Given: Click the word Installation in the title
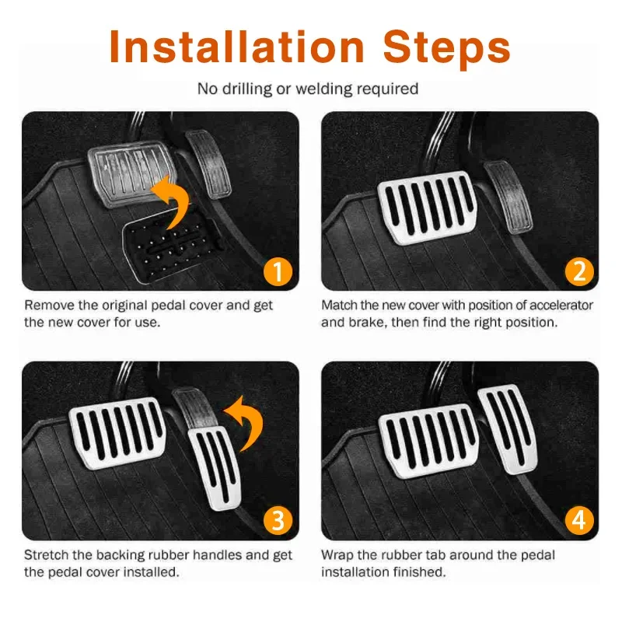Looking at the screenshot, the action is pos(237,47).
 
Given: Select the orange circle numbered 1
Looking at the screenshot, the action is pos(278,271).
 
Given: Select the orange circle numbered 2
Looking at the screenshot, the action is pos(579,271).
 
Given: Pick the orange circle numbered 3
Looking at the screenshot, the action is pos(278,520).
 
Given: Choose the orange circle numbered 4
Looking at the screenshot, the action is pos(579,520).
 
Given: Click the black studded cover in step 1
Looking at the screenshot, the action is pos(171,247).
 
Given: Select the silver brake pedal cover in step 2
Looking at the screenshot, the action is pos(428,206).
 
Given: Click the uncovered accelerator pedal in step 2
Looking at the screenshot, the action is pos(508,197).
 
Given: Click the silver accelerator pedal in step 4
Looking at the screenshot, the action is pos(509,428).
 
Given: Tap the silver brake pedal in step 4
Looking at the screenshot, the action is pos(429,440).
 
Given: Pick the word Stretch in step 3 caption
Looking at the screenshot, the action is pos(47,554).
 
